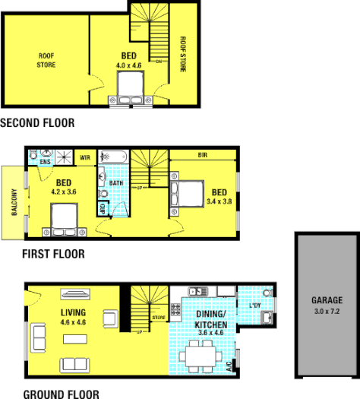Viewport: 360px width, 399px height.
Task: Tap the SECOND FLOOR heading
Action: (x=37, y=122)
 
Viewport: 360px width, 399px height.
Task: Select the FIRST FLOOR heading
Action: (x=43, y=254)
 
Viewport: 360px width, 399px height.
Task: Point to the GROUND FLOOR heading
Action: (x=50, y=393)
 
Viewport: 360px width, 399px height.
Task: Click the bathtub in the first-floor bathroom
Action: (x=115, y=157)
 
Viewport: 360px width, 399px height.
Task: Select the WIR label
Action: (x=85, y=158)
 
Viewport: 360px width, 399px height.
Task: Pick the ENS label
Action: (x=45, y=162)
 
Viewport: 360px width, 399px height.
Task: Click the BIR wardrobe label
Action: (x=203, y=155)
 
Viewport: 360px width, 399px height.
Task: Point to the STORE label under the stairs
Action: (x=159, y=318)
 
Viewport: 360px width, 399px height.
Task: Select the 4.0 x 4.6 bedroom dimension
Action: (x=129, y=66)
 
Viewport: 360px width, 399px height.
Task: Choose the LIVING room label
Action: (x=73, y=312)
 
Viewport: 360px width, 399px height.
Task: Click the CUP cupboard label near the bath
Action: (x=103, y=207)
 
